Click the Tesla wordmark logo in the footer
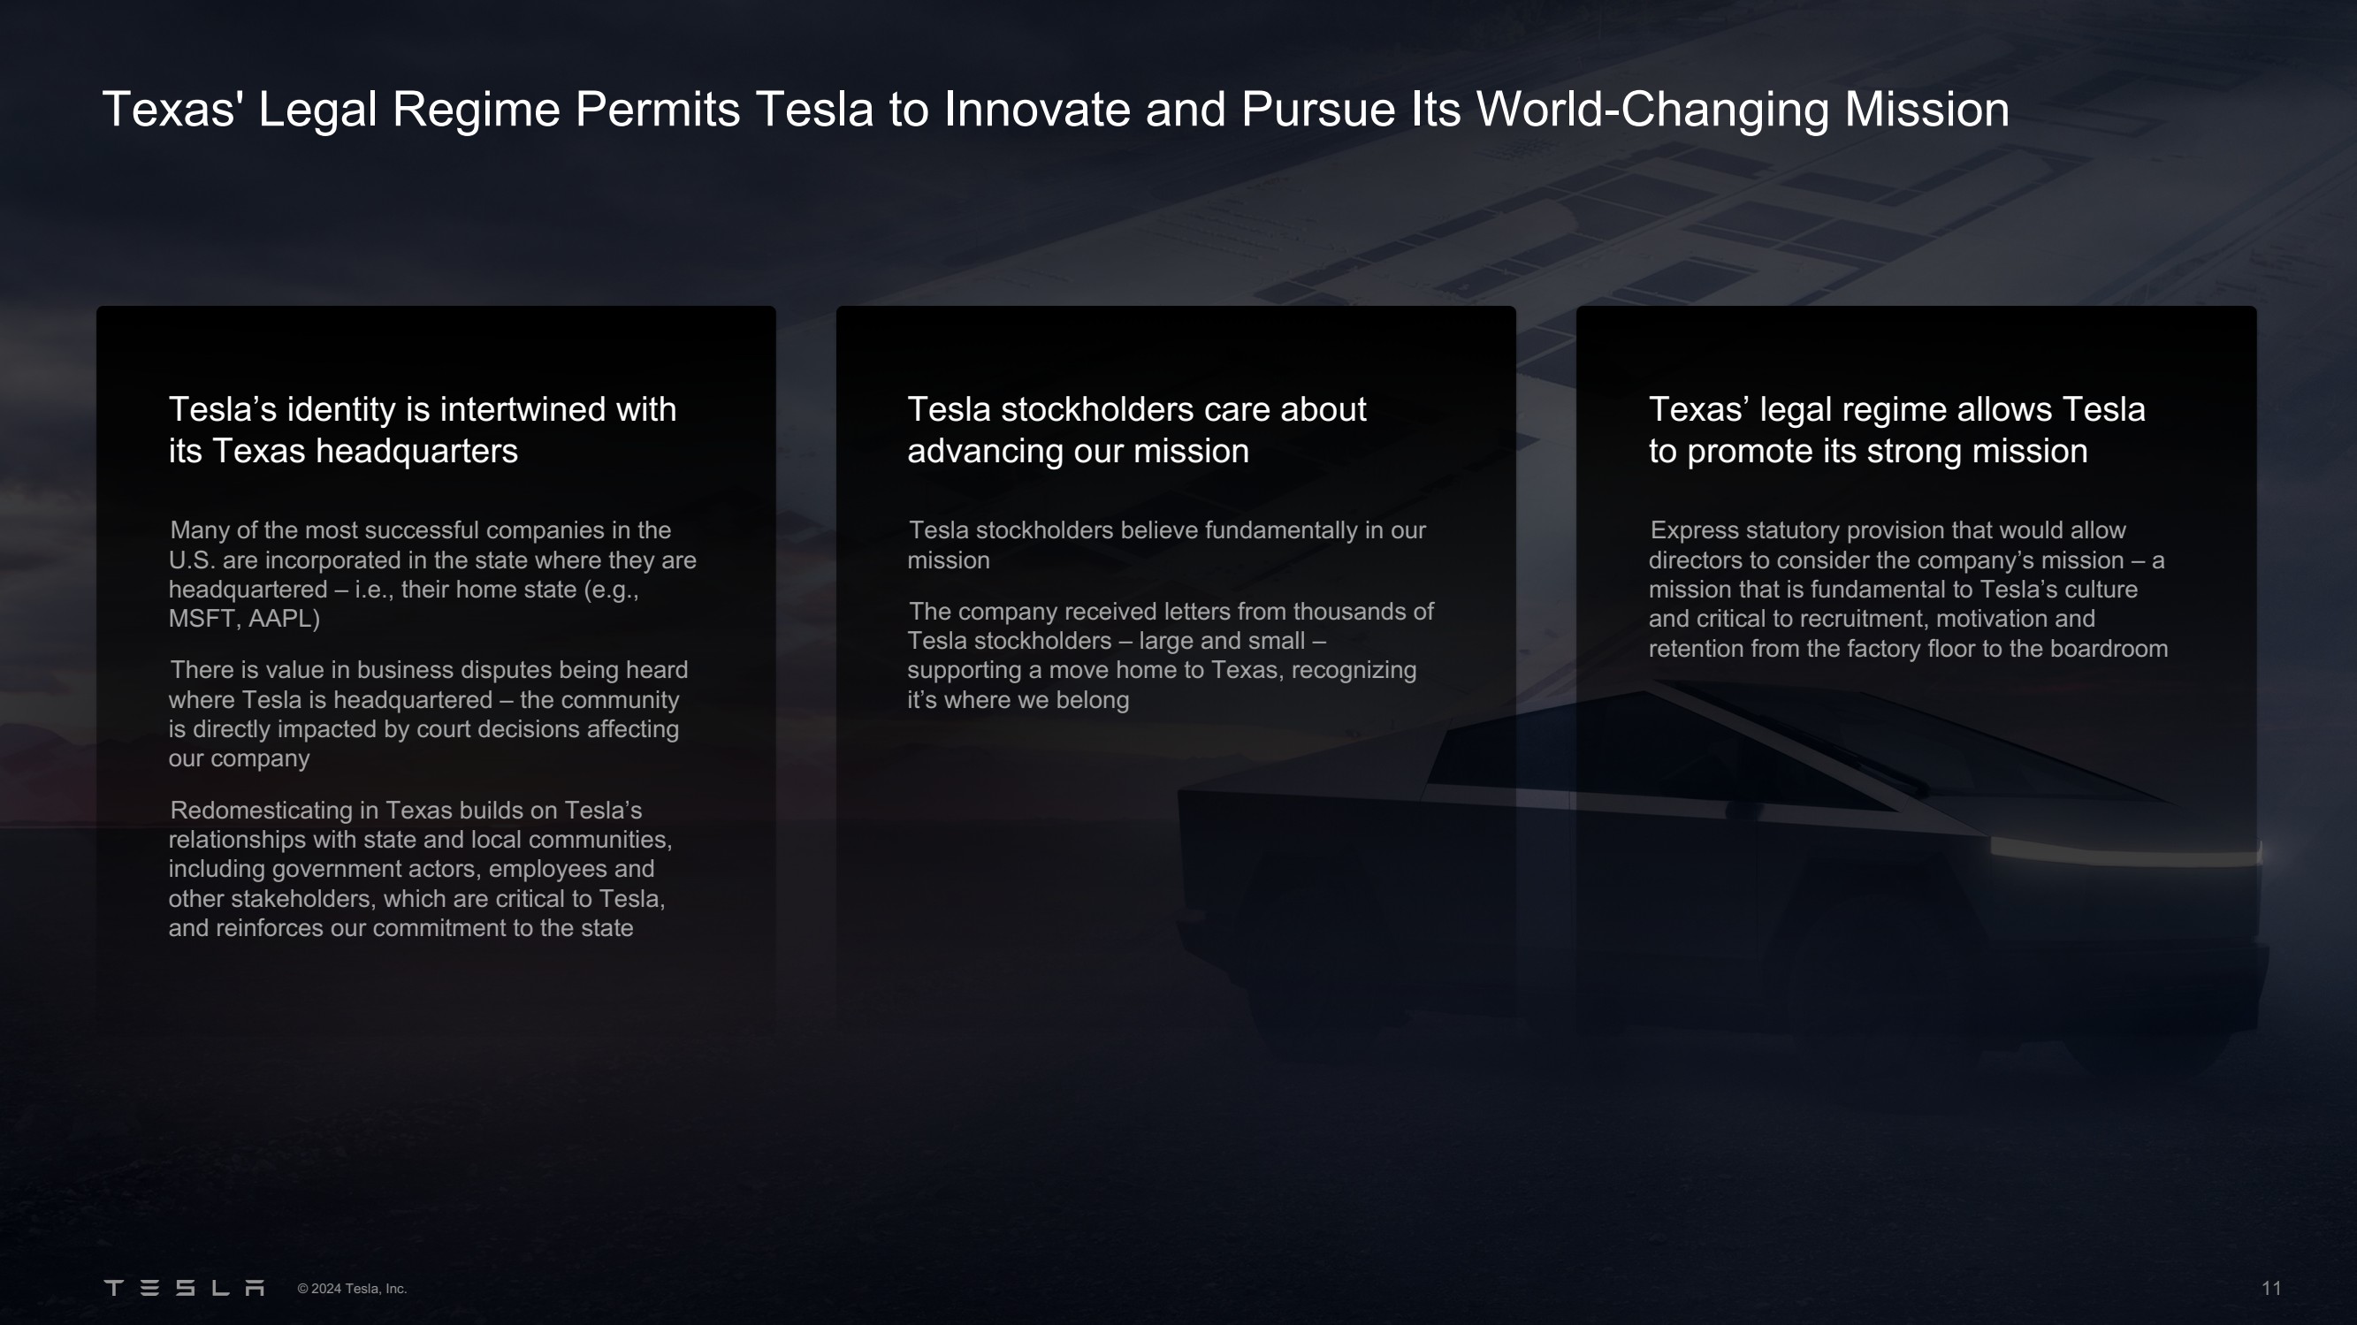(x=184, y=1289)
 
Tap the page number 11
(x=2271, y=1289)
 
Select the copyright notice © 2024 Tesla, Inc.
(x=352, y=1289)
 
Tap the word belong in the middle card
(x=1093, y=701)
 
